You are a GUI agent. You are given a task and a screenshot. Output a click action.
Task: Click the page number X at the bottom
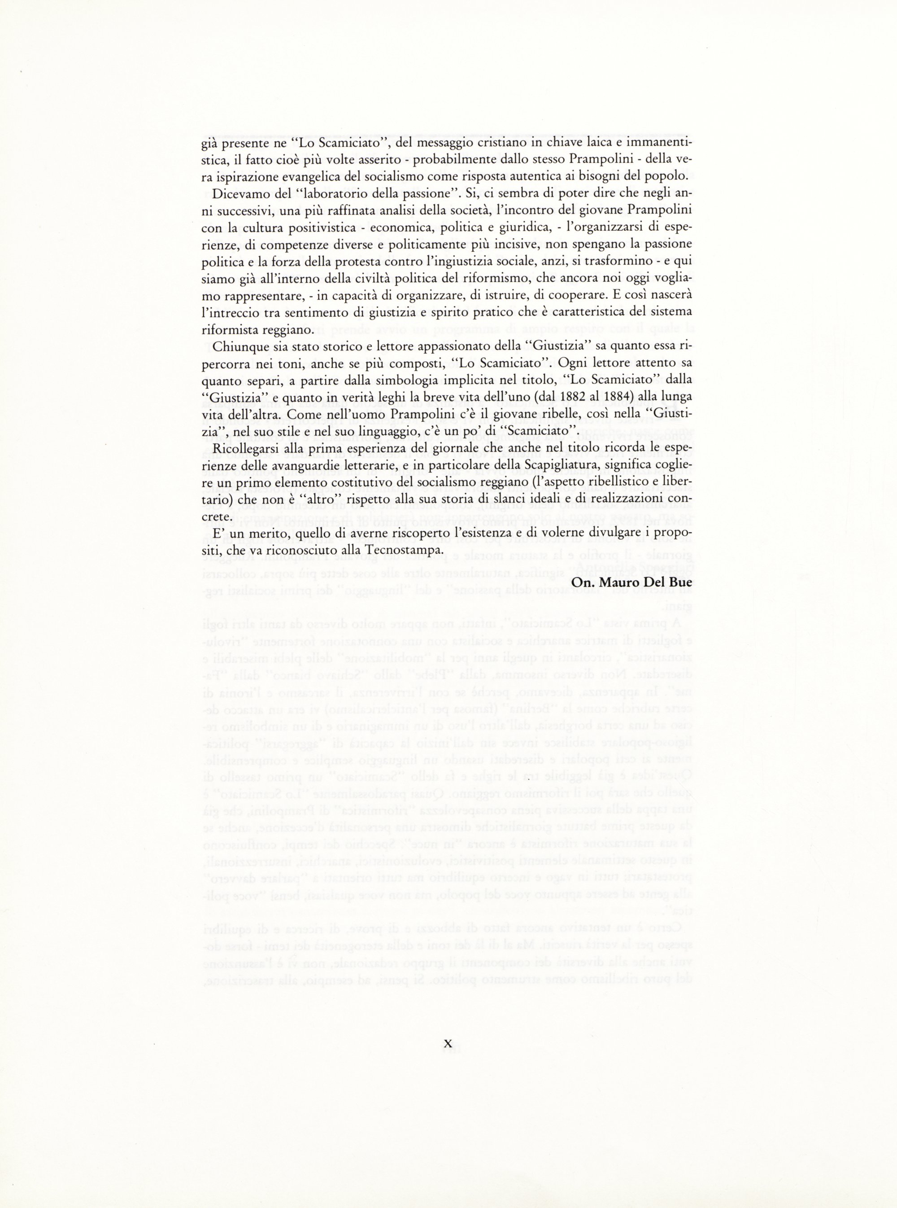click(448, 1043)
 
